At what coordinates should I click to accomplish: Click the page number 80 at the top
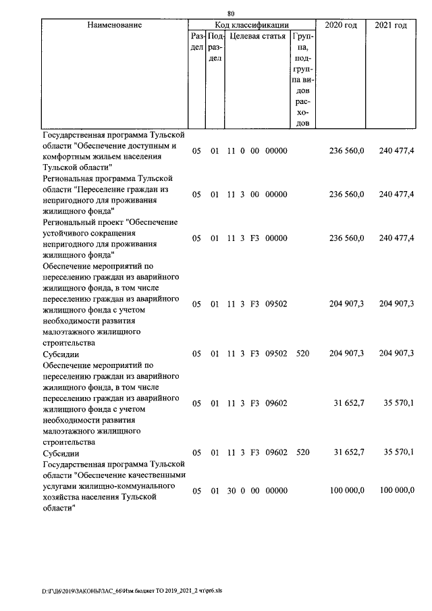pyautogui.click(x=231, y=14)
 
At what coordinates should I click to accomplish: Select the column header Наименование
pyautogui.click(x=115, y=25)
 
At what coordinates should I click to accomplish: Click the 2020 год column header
pyautogui.click(x=342, y=25)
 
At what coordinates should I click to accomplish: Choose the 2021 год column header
pyautogui.click(x=391, y=25)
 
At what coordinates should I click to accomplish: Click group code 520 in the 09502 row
pyautogui.click(x=302, y=353)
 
